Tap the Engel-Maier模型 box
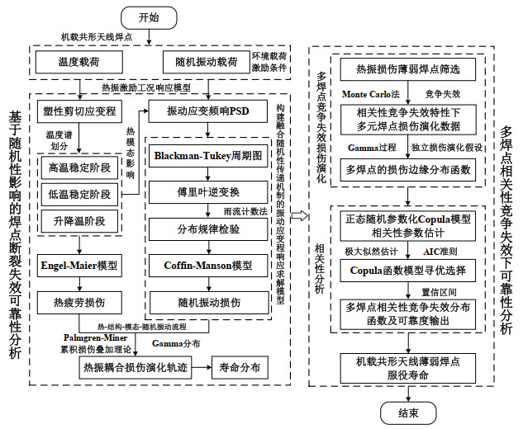tap(79, 266)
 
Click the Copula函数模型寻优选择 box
tap(407, 270)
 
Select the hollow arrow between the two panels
tap(302, 215)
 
